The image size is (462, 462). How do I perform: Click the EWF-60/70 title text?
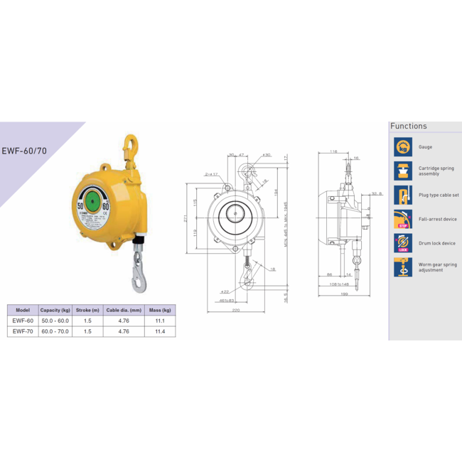(x=25, y=151)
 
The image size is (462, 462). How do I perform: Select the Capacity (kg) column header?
(x=55, y=310)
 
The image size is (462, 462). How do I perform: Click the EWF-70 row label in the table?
(x=23, y=331)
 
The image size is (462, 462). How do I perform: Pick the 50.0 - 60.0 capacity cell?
(x=55, y=321)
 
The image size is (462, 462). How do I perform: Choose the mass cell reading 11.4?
(x=160, y=331)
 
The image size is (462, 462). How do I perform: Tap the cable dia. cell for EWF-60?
(x=123, y=321)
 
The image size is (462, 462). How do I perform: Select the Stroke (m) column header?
(x=87, y=310)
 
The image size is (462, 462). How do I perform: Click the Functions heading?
(x=409, y=127)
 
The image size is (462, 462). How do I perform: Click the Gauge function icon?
(x=403, y=147)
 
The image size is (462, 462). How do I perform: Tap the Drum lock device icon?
(x=403, y=243)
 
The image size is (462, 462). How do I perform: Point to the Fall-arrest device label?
(x=438, y=219)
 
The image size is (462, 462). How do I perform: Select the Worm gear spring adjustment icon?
(x=403, y=267)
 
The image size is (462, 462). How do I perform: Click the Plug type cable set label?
(x=439, y=195)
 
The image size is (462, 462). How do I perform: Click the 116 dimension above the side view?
(x=333, y=152)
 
